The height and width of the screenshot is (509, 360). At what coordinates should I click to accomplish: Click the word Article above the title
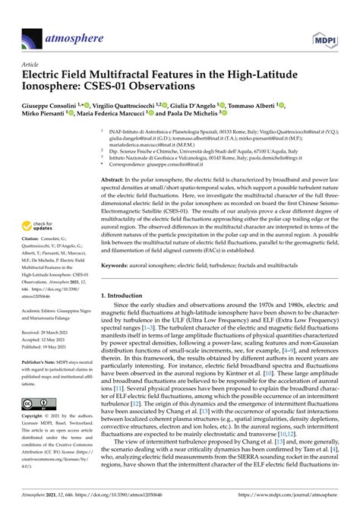(x=31, y=65)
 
